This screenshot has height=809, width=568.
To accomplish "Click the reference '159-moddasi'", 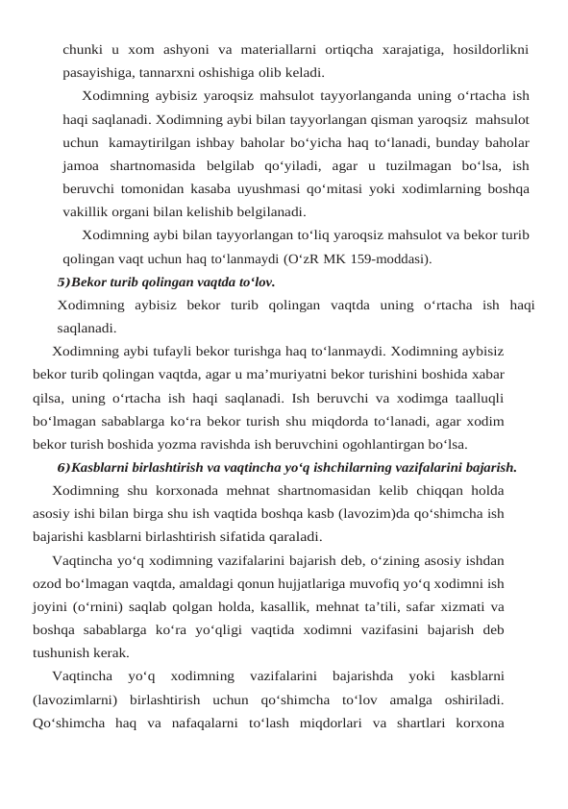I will tap(389, 258).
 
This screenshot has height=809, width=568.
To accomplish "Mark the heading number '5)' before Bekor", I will tap(63, 282).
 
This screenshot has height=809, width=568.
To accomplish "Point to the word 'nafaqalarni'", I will tap(201, 722).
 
